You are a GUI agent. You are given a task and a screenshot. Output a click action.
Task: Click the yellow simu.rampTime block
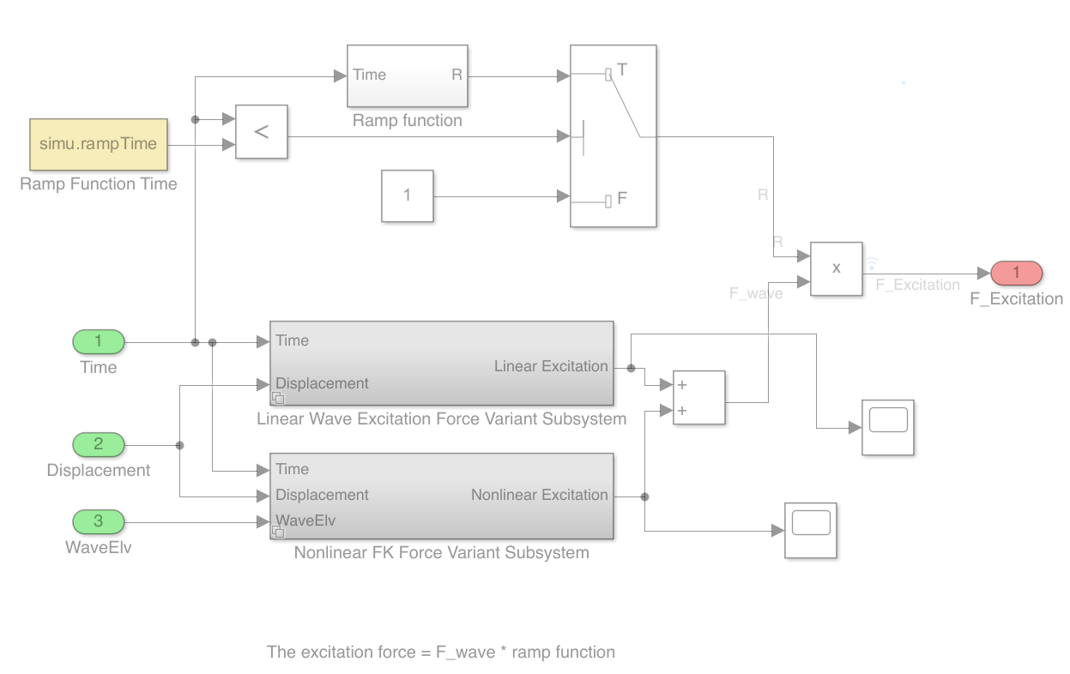coord(98,144)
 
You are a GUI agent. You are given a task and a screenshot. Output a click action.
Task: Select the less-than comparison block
coord(262,132)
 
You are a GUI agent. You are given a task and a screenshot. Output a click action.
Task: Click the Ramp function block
coord(407,75)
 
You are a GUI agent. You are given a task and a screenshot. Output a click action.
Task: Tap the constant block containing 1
coord(407,196)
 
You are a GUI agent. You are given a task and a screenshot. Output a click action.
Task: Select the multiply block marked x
coord(837,268)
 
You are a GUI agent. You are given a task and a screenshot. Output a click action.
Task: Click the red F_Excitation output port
coord(1016,274)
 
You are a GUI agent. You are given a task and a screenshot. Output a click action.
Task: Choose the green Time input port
coord(98,342)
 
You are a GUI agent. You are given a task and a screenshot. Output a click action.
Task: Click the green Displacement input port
coord(98,444)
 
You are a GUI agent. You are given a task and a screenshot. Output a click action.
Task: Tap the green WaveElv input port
coord(98,521)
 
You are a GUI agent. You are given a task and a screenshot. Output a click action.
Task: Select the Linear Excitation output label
coord(551,366)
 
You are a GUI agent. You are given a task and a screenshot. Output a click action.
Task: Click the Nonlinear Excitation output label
coord(539,495)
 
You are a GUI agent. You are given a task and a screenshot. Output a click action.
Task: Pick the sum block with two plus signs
coord(699,398)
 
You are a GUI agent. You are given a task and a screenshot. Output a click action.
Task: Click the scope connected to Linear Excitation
coord(887,427)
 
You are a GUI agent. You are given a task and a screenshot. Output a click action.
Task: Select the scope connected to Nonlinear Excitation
coord(810,530)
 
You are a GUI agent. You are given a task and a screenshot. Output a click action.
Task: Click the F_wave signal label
coord(756,293)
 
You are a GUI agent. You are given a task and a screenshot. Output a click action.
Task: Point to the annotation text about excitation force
coord(441,652)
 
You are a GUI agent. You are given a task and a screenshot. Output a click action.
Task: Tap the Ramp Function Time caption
coord(98,184)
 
